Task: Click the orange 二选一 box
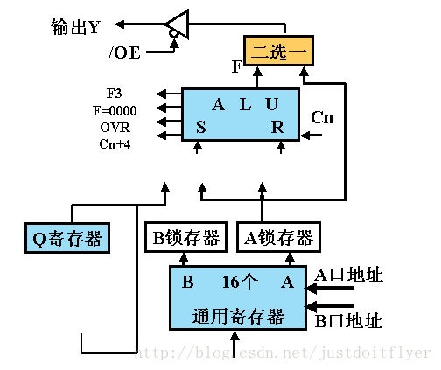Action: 278,51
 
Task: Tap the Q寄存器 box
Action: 67,238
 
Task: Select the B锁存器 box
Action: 185,237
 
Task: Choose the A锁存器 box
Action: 279,237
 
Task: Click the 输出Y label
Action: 75,27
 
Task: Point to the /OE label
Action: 124,52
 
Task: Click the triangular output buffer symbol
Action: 177,24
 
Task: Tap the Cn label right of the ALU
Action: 322,117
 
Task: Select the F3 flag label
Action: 114,94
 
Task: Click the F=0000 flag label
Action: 115,110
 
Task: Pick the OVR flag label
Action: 115,128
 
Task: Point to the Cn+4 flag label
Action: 115,143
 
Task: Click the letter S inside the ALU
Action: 201,127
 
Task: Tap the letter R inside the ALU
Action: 277,127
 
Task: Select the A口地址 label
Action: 349,275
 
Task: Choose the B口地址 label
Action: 349,320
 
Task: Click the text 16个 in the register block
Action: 240,282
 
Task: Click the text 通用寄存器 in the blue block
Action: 238,316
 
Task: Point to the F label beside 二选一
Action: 237,66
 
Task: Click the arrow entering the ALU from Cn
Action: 311,136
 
